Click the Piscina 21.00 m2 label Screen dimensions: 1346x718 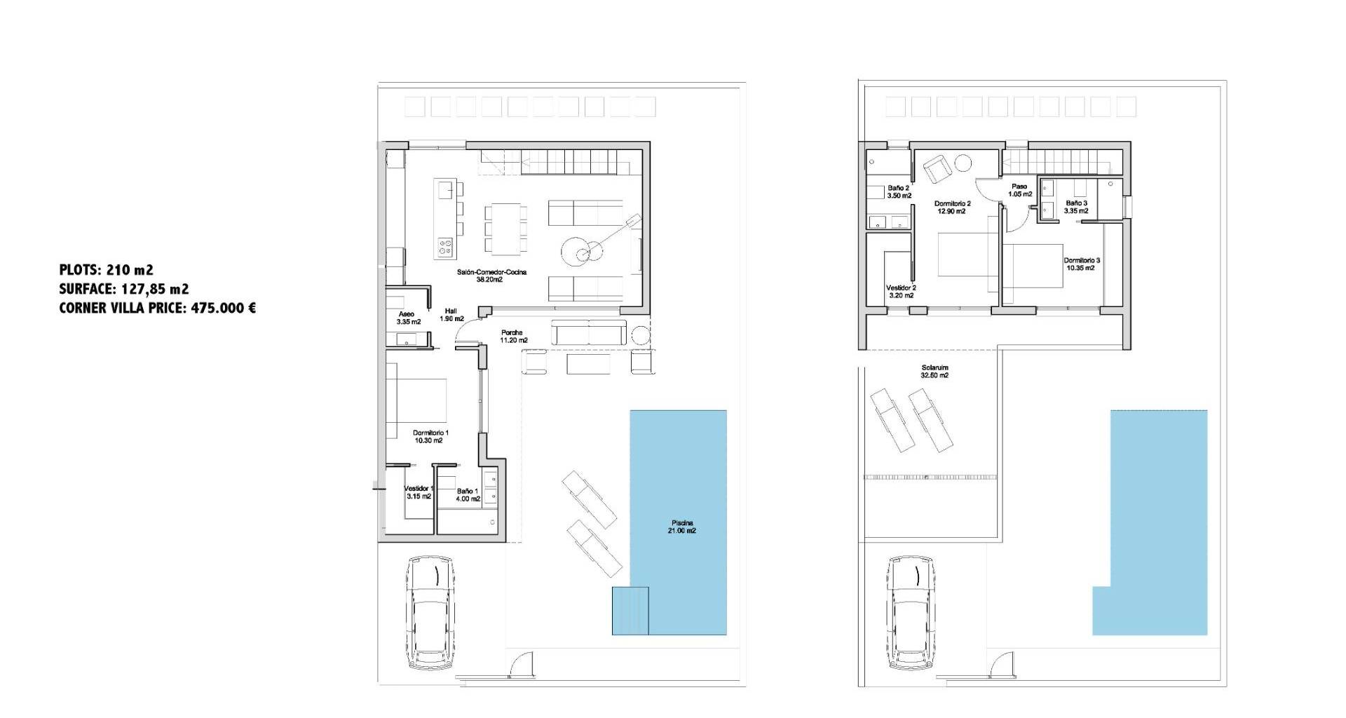pyautogui.click(x=682, y=527)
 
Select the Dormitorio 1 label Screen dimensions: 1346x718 pyautogui.click(x=430, y=433)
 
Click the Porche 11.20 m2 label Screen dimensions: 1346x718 pyautogui.click(x=514, y=337)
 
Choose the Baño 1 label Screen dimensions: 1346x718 pyautogui.click(x=467, y=491)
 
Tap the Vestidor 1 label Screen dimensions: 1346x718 pyautogui.click(x=419, y=489)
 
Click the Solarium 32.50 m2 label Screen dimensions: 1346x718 pyautogui.click(x=934, y=371)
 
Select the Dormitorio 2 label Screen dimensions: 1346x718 pyautogui.click(x=952, y=203)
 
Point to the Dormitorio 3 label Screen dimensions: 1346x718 pyautogui.click(x=1082, y=260)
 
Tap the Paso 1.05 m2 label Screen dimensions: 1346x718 pyautogui.click(x=1020, y=190)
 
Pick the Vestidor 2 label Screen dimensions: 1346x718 pyautogui.click(x=901, y=287)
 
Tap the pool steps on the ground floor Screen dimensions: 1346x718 pyautogui.click(x=630, y=611)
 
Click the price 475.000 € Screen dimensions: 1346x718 pyautogui.click(x=222, y=307)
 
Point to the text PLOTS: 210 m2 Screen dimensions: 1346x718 pyautogui.click(x=107, y=270)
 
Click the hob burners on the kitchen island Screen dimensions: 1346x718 pyautogui.click(x=445, y=245)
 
